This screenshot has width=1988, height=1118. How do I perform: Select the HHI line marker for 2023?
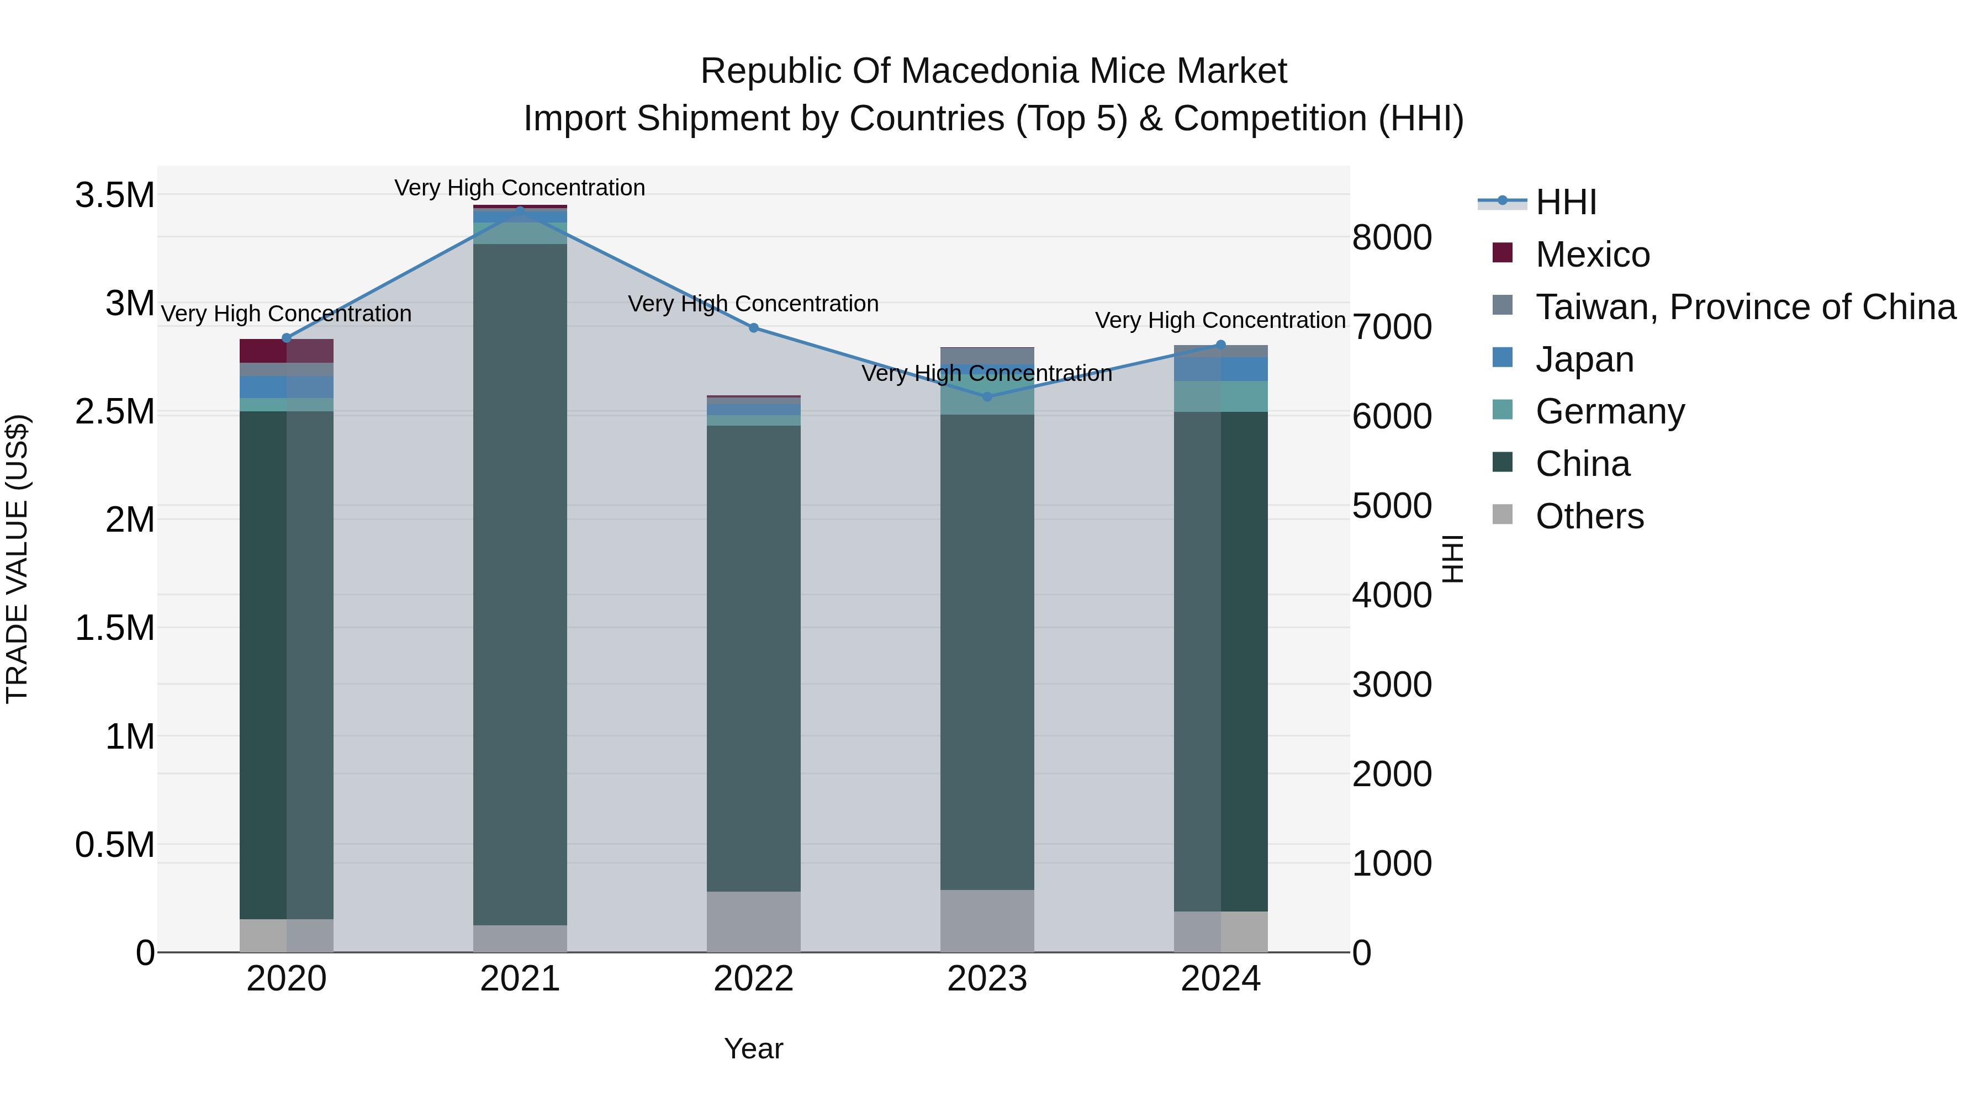(987, 396)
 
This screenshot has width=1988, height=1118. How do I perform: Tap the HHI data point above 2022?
(754, 328)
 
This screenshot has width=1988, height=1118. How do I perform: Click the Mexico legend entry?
(1592, 255)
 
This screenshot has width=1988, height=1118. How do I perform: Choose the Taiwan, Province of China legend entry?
(1744, 307)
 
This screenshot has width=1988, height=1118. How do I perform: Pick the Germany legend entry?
(1609, 411)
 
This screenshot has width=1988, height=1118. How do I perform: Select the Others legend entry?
(1588, 516)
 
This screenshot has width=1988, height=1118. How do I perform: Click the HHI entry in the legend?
(1565, 202)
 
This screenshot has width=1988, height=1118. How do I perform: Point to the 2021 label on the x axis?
(520, 979)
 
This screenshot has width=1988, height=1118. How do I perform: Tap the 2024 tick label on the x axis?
(1220, 979)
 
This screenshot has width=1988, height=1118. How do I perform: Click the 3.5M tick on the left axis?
(115, 195)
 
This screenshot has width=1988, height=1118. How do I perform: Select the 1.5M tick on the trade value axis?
(115, 628)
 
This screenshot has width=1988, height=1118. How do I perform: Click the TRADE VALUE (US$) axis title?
(17, 559)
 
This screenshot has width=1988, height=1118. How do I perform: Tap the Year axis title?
(753, 1048)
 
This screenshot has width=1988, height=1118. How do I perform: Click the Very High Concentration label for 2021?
(520, 188)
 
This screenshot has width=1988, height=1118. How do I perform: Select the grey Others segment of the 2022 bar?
(753, 921)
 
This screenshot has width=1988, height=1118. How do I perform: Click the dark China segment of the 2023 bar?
(987, 652)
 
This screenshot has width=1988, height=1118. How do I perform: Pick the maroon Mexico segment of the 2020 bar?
(263, 351)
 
